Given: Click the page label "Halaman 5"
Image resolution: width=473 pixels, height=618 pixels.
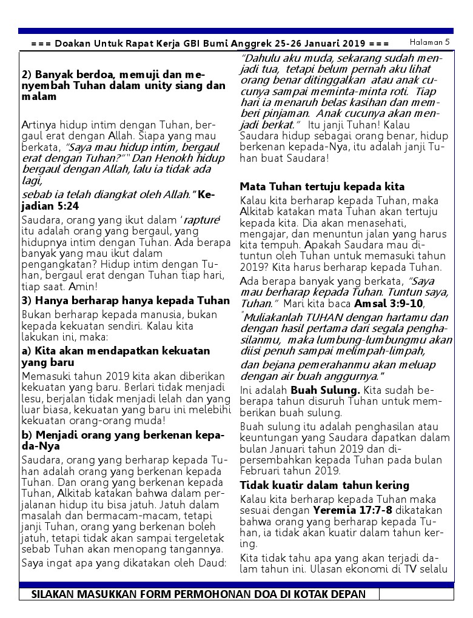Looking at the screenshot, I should tap(429, 42).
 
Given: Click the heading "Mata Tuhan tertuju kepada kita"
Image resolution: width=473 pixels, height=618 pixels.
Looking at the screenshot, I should tap(322, 187).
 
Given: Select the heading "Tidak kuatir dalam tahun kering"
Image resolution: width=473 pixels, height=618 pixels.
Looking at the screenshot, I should tap(324, 485).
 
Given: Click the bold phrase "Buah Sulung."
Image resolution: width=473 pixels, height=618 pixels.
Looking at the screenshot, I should tap(326, 390).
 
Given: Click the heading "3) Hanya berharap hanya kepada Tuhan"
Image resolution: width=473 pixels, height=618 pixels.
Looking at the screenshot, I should tap(126, 301).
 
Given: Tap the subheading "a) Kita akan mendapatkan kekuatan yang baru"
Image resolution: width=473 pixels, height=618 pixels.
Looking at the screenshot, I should tap(116, 357).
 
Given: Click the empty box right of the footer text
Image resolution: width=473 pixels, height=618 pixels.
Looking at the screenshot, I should tap(416, 594).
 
